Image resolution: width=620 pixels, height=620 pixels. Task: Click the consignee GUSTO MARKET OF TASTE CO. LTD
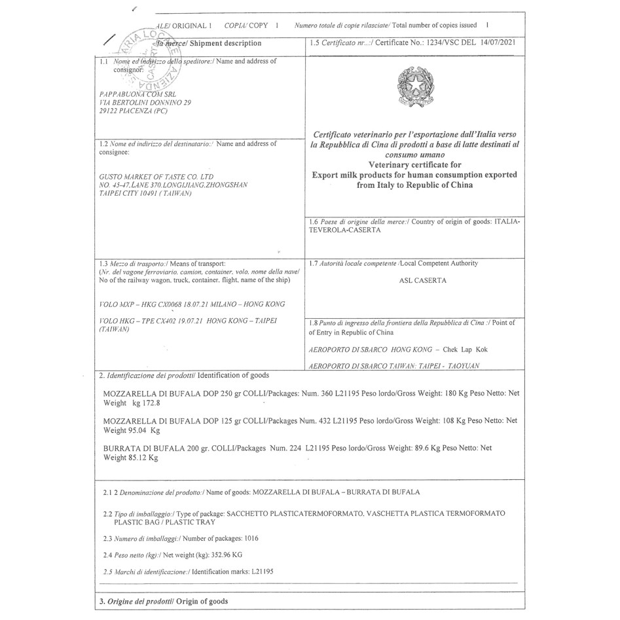(156, 177)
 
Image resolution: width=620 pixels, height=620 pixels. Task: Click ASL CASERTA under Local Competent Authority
(414, 281)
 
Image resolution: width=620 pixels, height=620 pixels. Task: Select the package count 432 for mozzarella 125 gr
(319, 421)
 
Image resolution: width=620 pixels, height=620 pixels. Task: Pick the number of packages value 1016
(251, 538)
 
